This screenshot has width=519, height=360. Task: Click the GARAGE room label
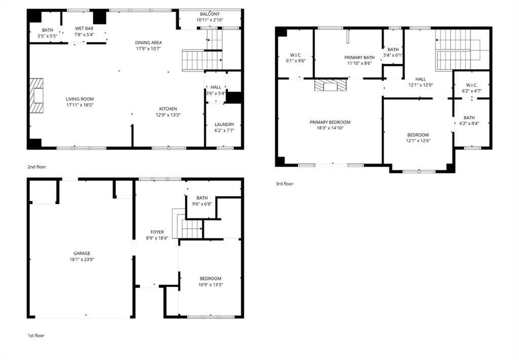click(81, 253)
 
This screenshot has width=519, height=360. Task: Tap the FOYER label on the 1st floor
click(157, 232)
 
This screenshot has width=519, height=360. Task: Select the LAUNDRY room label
click(224, 124)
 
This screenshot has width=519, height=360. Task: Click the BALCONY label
click(210, 14)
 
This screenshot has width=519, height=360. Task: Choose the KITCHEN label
click(168, 109)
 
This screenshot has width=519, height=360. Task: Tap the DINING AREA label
click(148, 43)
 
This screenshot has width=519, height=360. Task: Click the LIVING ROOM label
click(80, 99)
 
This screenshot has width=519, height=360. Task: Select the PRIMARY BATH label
click(359, 57)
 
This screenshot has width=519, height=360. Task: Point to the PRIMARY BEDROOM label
click(330, 122)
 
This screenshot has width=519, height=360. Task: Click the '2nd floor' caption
click(36, 166)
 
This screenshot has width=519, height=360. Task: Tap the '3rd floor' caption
click(284, 184)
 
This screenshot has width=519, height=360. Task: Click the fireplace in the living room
click(37, 96)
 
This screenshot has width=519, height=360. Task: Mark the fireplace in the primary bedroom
click(331, 85)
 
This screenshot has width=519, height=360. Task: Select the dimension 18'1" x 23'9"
click(81, 259)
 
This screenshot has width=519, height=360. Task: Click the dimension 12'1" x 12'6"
click(418, 140)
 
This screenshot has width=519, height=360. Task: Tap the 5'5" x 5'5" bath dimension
click(48, 37)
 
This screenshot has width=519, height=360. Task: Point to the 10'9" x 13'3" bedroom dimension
click(210, 284)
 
